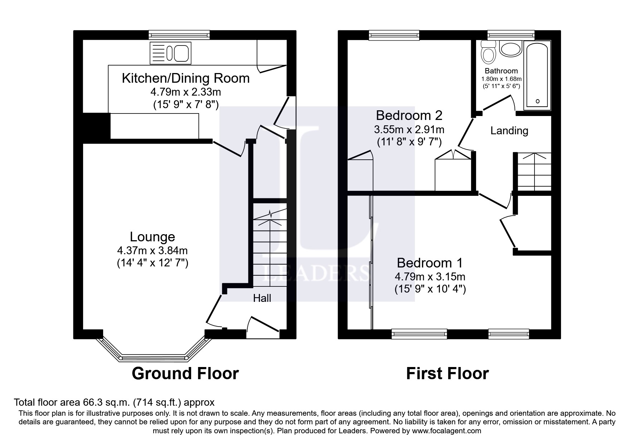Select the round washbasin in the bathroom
click(510, 49)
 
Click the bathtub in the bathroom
click(537, 75)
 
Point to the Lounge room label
click(153, 237)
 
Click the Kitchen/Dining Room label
click(186, 78)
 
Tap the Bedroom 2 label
click(409, 115)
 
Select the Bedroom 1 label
click(430, 263)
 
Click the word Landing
click(509, 131)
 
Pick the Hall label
click(262, 298)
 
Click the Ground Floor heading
click(185, 373)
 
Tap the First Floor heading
click(447, 373)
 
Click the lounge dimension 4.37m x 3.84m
click(153, 250)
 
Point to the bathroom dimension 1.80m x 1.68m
click(501, 79)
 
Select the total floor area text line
click(114, 402)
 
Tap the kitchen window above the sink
click(179, 35)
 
